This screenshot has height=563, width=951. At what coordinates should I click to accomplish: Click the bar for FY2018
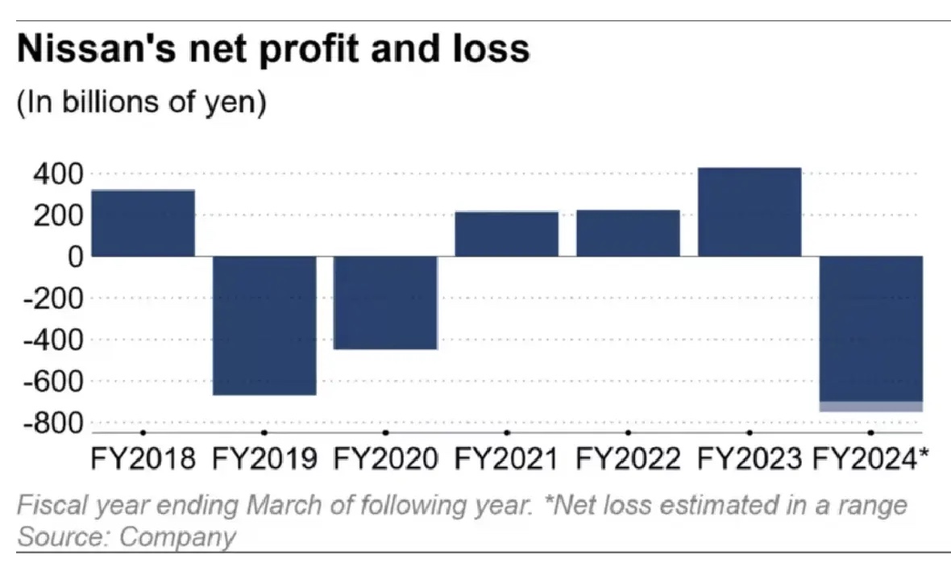(143, 223)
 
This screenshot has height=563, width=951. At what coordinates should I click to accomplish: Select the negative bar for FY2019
(264, 325)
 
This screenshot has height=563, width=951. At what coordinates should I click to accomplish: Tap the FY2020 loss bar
(385, 302)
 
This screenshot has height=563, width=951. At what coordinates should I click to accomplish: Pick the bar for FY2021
(506, 234)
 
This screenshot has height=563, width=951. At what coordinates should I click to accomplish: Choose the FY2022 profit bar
(628, 233)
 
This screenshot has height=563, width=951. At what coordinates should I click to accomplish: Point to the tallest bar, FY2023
(749, 211)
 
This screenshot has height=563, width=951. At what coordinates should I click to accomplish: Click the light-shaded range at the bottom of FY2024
(870, 407)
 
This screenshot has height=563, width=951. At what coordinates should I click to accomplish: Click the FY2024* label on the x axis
(870, 460)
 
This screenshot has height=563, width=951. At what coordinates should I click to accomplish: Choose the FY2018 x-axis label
(143, 460)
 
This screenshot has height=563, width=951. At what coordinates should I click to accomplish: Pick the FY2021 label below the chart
(506, 460)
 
